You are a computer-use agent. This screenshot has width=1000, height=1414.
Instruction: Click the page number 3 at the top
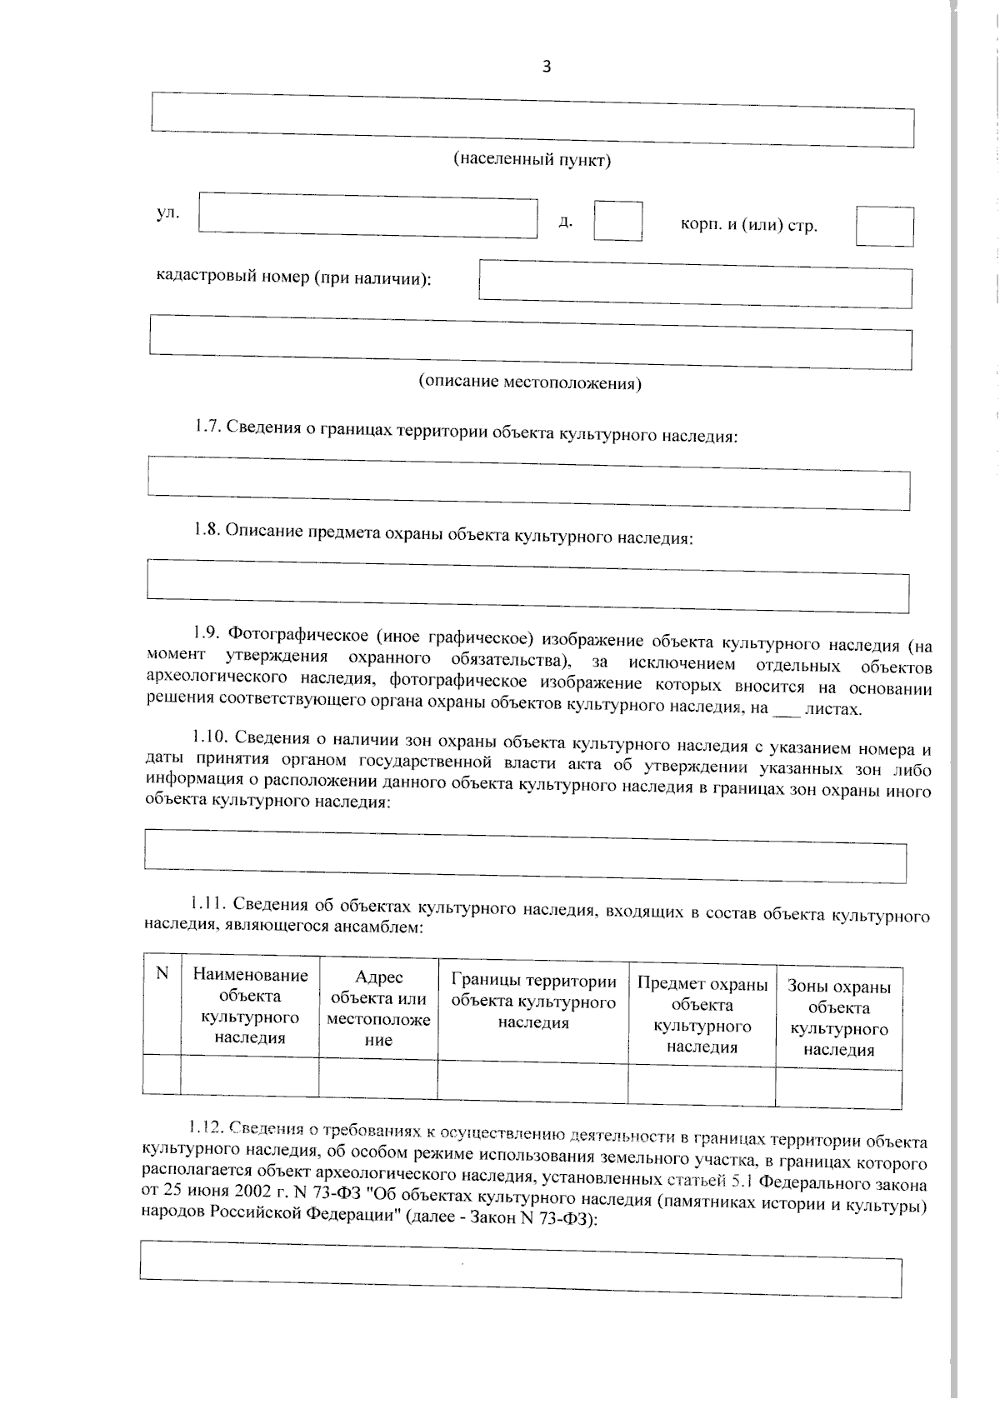[547, 67]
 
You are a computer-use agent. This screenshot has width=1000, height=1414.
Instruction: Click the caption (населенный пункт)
[532, 160]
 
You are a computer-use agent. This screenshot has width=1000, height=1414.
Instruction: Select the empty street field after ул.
[367, 215]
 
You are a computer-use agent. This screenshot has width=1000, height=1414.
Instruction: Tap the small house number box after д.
[617, 222]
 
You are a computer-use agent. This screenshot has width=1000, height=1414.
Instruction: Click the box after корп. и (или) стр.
[884, 227]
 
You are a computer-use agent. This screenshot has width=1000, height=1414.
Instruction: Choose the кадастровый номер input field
[695, 284]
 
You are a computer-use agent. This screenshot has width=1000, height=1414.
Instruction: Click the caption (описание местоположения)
[529, 382]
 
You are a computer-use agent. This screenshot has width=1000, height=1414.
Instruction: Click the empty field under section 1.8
[527, 581]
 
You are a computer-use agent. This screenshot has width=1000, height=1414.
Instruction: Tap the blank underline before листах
[786, 711]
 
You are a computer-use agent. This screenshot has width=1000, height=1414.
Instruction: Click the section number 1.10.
[209, 737]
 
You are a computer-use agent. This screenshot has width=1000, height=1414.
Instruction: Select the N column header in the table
[162, 973]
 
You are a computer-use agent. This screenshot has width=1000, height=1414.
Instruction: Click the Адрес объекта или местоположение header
[378, 1009]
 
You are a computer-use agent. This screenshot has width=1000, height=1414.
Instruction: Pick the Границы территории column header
[533, 1002]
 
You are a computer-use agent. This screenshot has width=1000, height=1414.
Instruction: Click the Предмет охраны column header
[702, 1015]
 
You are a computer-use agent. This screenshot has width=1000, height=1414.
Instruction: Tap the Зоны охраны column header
[838, 1018]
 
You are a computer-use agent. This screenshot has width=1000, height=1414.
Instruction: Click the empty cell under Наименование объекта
[249, 1075]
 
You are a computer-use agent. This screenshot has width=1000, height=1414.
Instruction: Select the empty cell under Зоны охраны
[838, 1088]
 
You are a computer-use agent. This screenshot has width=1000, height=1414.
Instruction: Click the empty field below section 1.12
[520, 1268]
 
